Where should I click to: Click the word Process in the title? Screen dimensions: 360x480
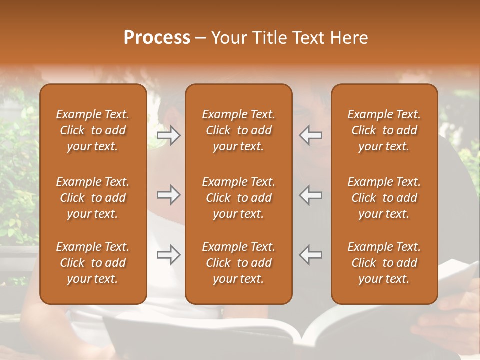tap(157, 38)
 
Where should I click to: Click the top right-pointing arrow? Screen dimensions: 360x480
tap(168, 135)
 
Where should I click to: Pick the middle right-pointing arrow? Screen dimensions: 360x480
tap(168, 195)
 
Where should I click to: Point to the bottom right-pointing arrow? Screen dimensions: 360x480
tap(168, 255)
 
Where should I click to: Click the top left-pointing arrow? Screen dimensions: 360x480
tap(311, 135)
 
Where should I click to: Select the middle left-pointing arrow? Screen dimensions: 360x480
tap(311, 195)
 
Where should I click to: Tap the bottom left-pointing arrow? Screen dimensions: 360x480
tap(311, 255)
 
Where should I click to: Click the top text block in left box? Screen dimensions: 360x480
tap(93, 130)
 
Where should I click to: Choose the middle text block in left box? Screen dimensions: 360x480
tap(93, 198)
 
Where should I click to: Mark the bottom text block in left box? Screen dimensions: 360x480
tap(93, 263)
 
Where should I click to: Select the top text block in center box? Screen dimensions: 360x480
tap(238, 130)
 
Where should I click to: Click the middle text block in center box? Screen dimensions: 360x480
tap(238, 198)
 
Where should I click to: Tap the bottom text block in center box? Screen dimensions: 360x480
tap(238, 263)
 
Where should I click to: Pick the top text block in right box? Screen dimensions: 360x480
tap(384, 130)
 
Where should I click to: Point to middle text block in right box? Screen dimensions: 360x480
tap(384, 198)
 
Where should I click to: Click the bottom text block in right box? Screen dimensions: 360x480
tap(384, 263)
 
